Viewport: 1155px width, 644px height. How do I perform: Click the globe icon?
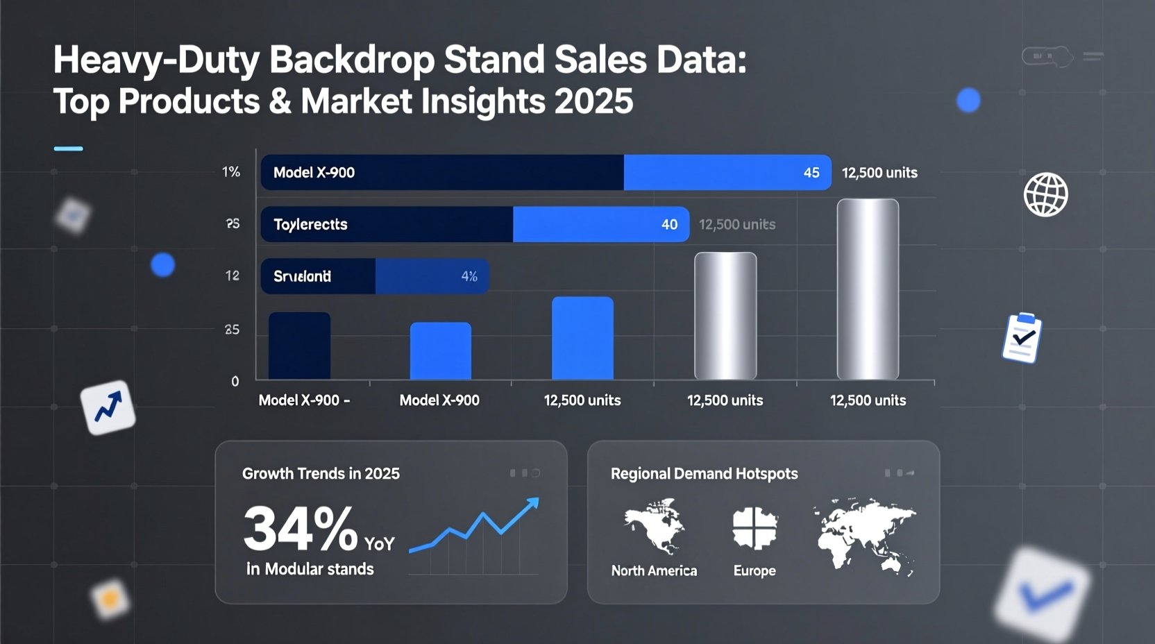coord(1045,195)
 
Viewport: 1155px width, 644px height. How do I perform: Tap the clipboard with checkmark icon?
coord(1022,338)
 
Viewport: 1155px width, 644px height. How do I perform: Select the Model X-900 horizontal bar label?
coord(314,173)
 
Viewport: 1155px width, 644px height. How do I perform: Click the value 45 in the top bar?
coord(811,173)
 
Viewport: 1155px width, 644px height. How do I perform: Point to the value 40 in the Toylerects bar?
coord(669,224)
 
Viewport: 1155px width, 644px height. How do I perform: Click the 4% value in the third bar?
coord(469,276)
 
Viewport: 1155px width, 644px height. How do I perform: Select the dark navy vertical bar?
coord(299,346)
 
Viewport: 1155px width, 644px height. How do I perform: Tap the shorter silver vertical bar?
coord(725,316)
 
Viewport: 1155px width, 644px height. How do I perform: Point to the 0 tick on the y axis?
coord(235,382)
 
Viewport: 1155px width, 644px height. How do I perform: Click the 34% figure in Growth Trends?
coord(300,529)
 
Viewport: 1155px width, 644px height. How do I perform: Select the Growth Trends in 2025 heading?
coord(321,474)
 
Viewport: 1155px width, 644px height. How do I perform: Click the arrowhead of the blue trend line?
coord(533,502)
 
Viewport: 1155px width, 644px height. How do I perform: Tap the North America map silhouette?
coord(655,525)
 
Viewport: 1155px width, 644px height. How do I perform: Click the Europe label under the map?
coord(754,570)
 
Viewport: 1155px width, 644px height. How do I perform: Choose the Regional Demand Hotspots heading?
coord(704,474)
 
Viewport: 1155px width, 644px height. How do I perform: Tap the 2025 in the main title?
coord(594,101)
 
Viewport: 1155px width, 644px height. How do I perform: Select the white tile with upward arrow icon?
coord(108,407)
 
